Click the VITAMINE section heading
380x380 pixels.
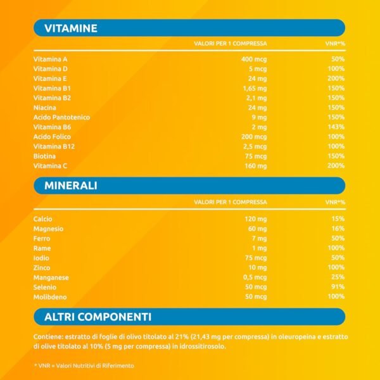coord(70,28)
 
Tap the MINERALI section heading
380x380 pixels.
coord(70,186)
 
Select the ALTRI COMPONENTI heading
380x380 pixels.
coord(98,317)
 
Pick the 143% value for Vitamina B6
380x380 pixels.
coord(337,127)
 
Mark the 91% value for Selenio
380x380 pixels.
coord(338,287)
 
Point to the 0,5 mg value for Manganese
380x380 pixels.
coord(255,277)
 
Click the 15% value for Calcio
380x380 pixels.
coord(338,218)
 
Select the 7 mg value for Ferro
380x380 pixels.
coord(258,238)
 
